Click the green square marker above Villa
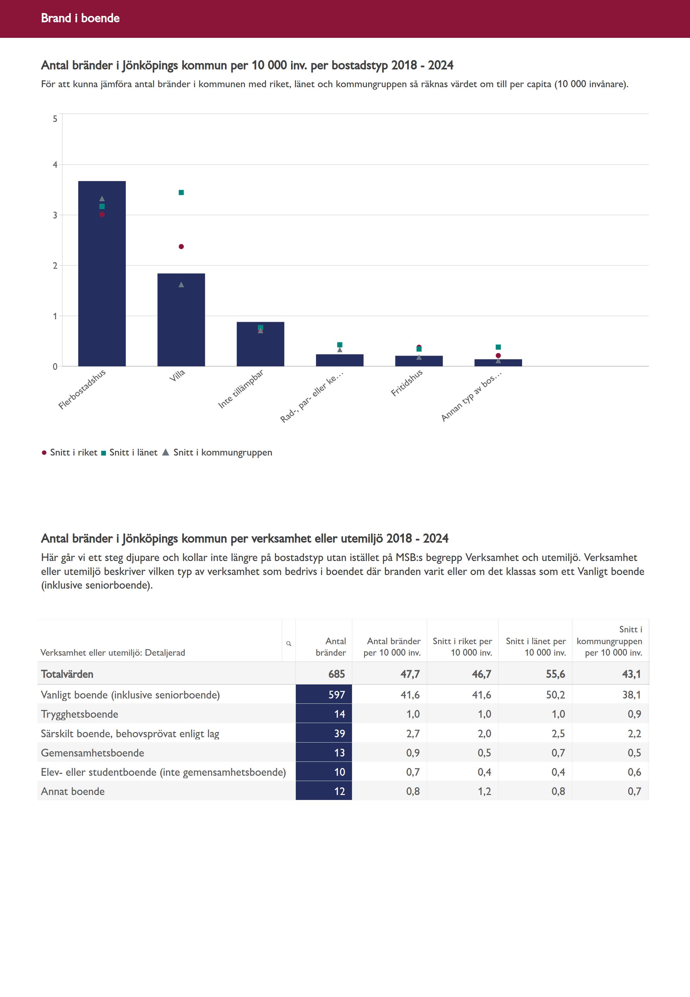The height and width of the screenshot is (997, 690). coord(181,192)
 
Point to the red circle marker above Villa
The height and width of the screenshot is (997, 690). coord(181,246)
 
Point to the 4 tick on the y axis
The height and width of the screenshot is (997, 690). coord(55,165)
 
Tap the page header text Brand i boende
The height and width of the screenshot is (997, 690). coord(80,18)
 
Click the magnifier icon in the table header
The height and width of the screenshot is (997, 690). coord(288,644)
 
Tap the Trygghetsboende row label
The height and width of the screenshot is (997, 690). coord(79,714)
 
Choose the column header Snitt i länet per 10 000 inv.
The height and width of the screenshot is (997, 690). coord(536,647)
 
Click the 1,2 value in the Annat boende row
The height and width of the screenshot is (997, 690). coord(484,791)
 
